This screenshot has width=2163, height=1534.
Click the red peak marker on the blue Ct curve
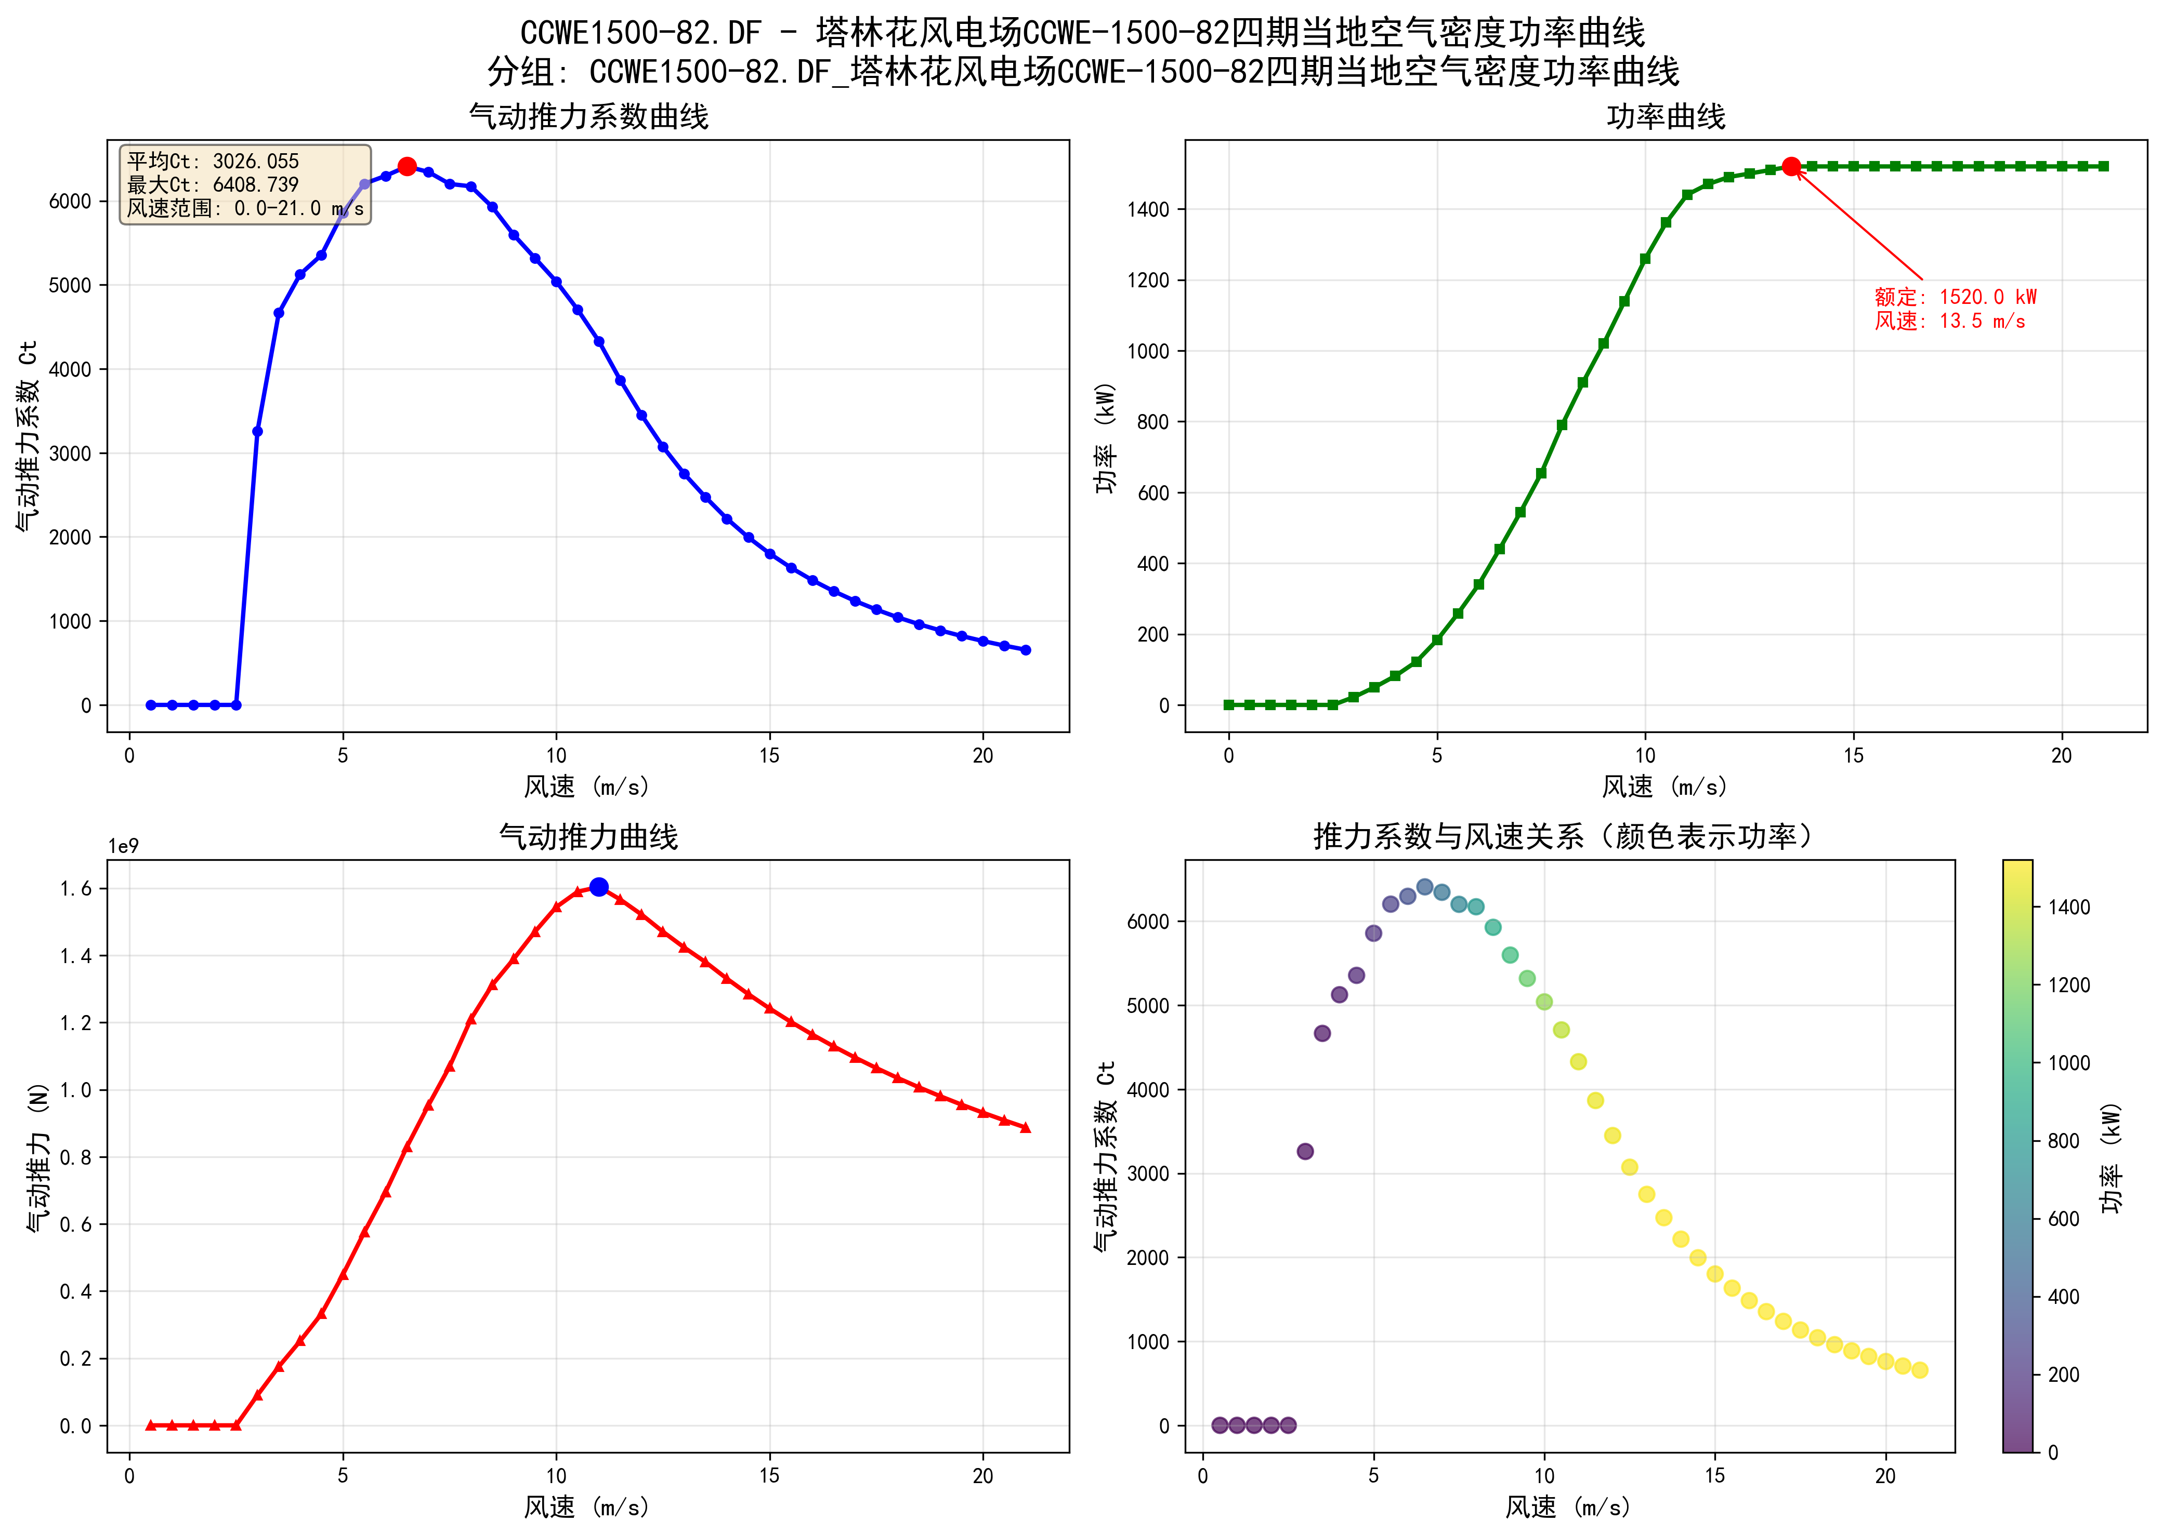pyautogui.click(x=407, y=166)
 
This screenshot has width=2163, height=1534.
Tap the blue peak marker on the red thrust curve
pyautogui.click(x=598, y=887)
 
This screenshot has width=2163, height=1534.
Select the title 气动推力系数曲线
pyautogui.click(x=589, y=117)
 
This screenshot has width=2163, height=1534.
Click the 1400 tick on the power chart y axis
pyautogui.click(x=1148, y=210)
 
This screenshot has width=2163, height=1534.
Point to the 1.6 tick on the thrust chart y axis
pyautogui.click(x=75, y=889)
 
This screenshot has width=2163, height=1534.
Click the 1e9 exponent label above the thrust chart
pyautogui.click(x=123, y=846)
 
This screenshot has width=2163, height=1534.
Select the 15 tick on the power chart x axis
pyautogui.click(x=1853, y=756)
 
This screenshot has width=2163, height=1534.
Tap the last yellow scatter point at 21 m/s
pyautogui.click(x=1919, y=1370)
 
